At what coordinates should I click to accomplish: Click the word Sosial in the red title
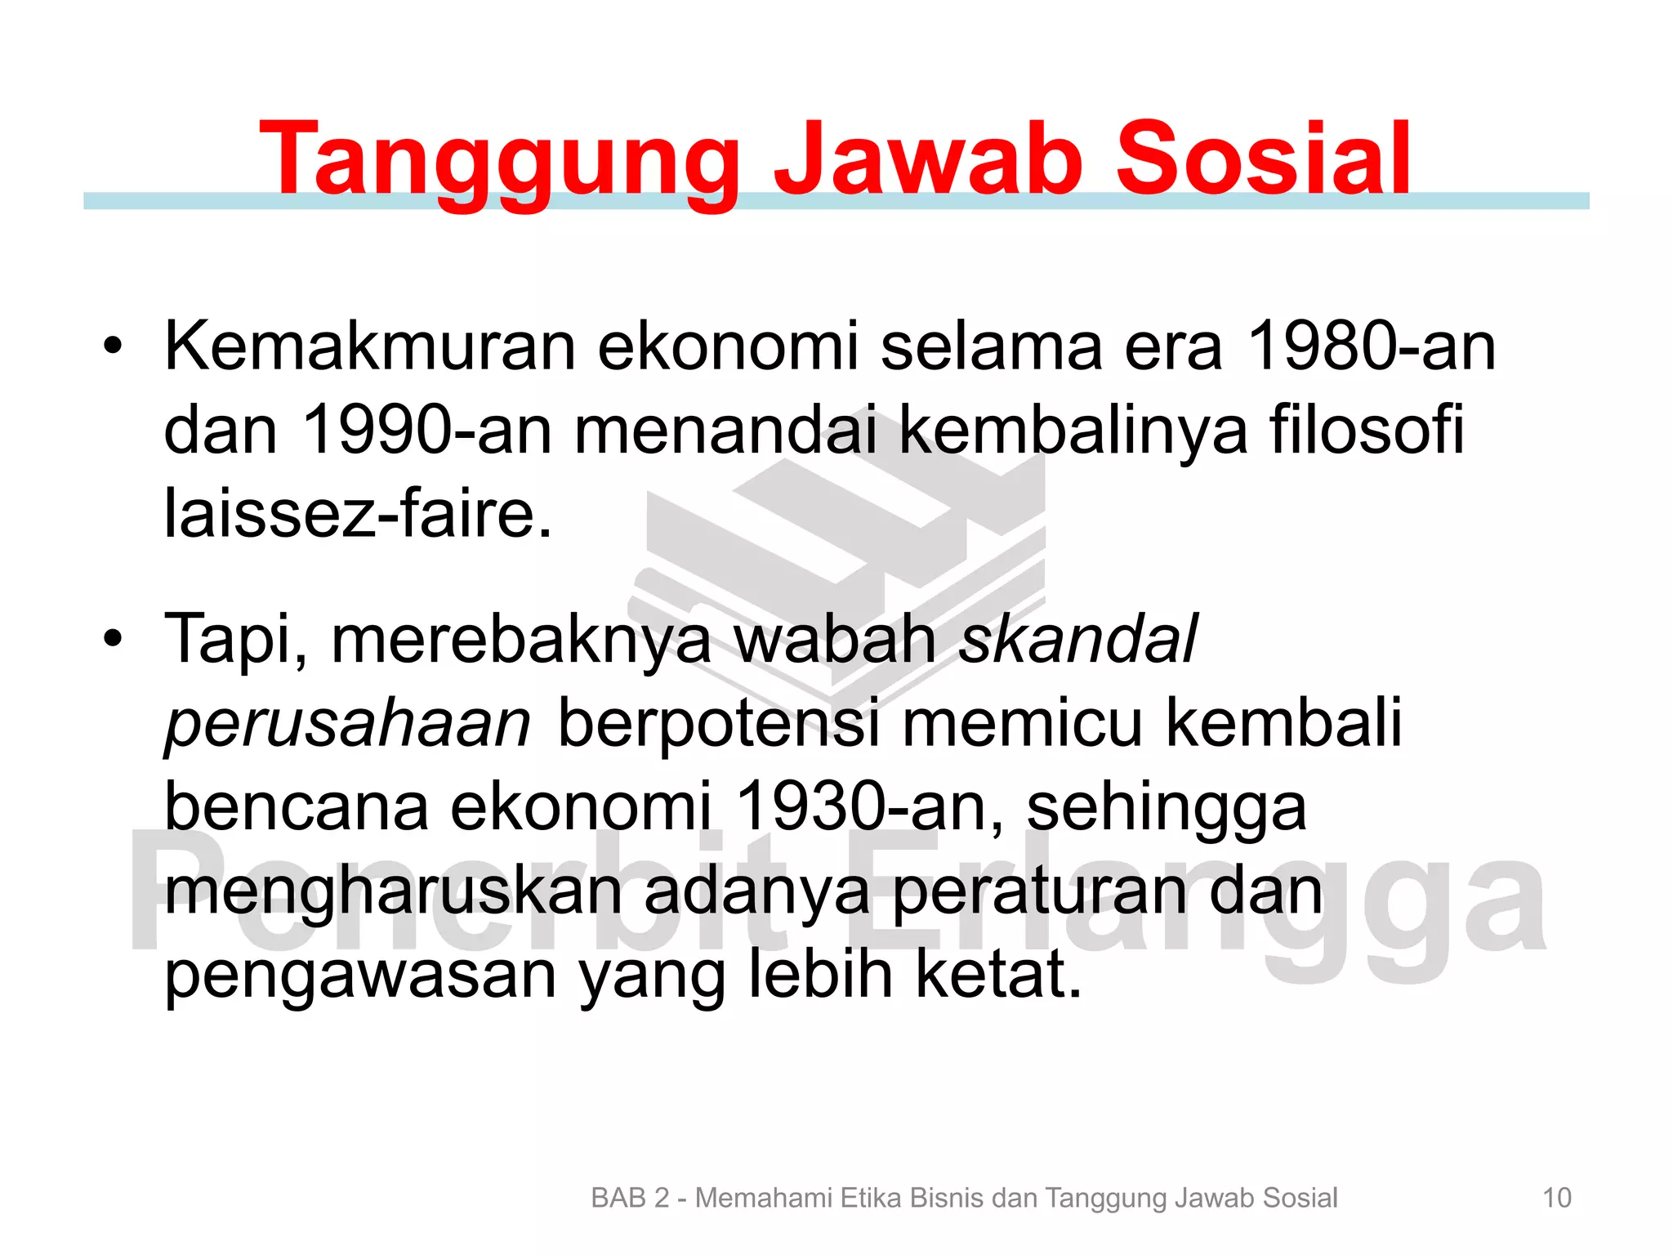(1262, 159)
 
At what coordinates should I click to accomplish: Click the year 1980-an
(1372, 346)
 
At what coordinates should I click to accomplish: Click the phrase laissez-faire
(358, 514)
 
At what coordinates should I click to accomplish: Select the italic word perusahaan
(348, 724)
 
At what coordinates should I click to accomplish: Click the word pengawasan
(360, 975)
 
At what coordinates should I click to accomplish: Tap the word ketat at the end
(997, 975)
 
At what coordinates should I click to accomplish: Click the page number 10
(1556, 1198)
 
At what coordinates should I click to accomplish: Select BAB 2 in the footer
(629, 1198)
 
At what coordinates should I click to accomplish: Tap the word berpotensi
(719, 724)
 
